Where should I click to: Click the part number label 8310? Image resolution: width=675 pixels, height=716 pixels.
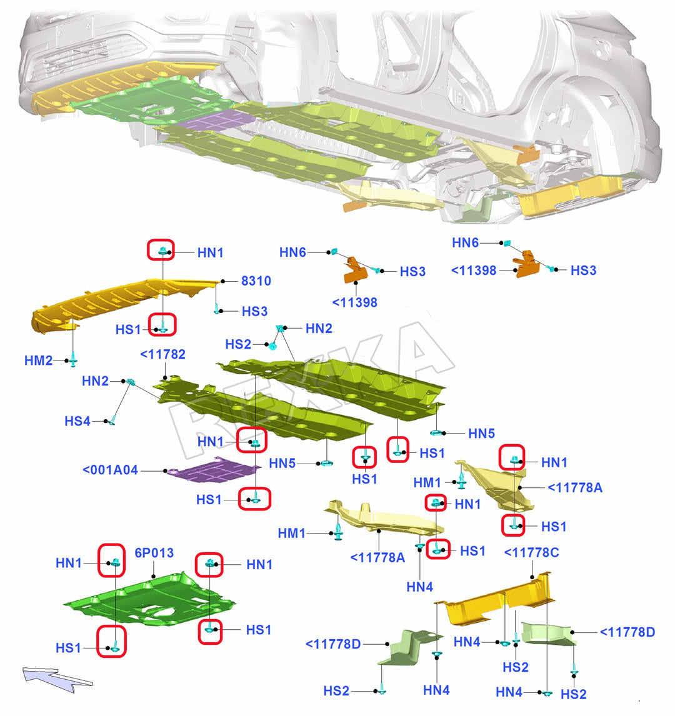[x=256, y=281]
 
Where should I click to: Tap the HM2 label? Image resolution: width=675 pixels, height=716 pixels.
[x=39, y=360]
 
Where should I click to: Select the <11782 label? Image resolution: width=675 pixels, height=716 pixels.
[x=162, y=355]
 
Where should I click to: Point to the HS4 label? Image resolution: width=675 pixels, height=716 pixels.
[x=78, y=421]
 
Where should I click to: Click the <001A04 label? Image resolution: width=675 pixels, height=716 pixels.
[x=110, y=470]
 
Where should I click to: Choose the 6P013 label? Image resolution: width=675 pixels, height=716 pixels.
[x=154, y=554]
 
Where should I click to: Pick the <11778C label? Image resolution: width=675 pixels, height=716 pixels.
[x=531, y=553]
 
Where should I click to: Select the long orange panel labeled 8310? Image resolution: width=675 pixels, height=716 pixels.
[x=119, y=303]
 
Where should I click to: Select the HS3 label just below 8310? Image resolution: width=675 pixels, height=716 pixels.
[x=255, y=311]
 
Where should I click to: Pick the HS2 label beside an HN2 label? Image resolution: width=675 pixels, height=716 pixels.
[x=238, y=344]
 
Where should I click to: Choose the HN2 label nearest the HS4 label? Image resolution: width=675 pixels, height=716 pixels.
[x=95, y=381]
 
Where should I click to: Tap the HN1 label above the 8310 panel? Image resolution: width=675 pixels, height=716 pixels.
[x=211, y=253]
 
